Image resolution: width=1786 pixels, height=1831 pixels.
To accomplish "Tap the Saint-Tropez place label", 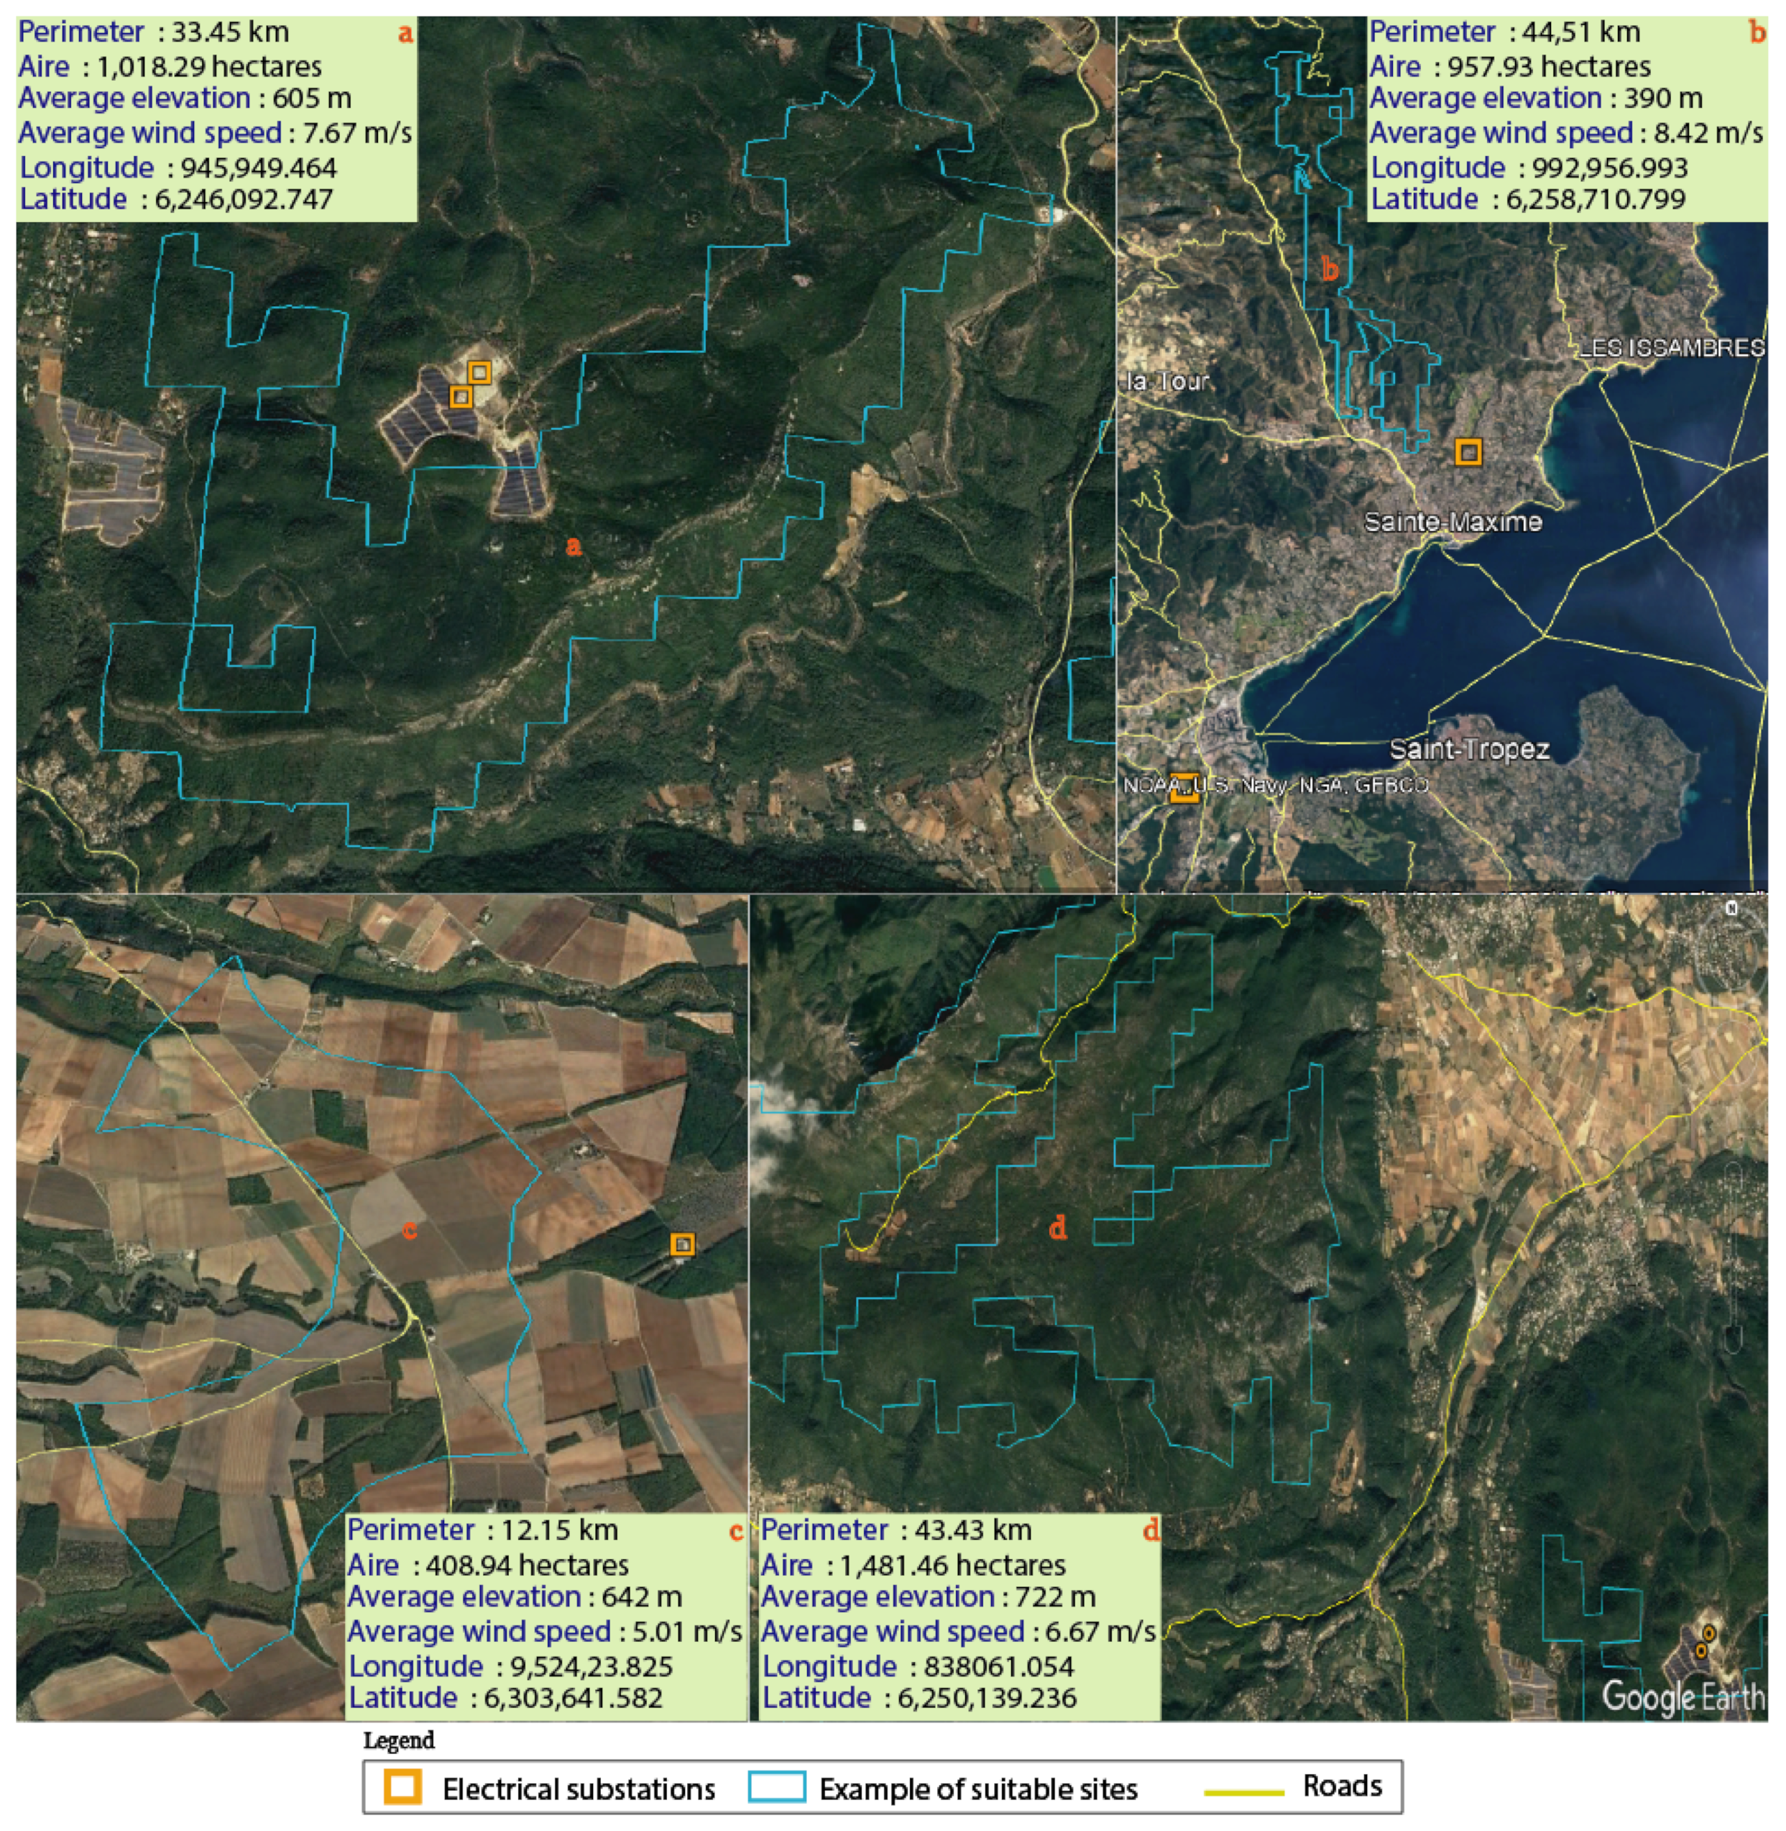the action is click(x=1469, y=750).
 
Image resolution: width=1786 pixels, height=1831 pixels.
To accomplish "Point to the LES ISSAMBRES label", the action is click(x=1672, y=349).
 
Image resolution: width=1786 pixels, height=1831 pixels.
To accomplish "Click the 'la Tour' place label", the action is click(x=1168, y=381).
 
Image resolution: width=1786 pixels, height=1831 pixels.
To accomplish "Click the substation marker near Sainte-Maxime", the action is click(x=1469, y=453).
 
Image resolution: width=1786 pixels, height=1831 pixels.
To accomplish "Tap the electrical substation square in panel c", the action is click(x=683, y=1244).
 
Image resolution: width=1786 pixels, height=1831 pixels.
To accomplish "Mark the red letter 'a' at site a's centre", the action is click(x=574, y=546).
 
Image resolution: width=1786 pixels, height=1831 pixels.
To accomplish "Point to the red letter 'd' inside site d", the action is click(x=1058, y=1227).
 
